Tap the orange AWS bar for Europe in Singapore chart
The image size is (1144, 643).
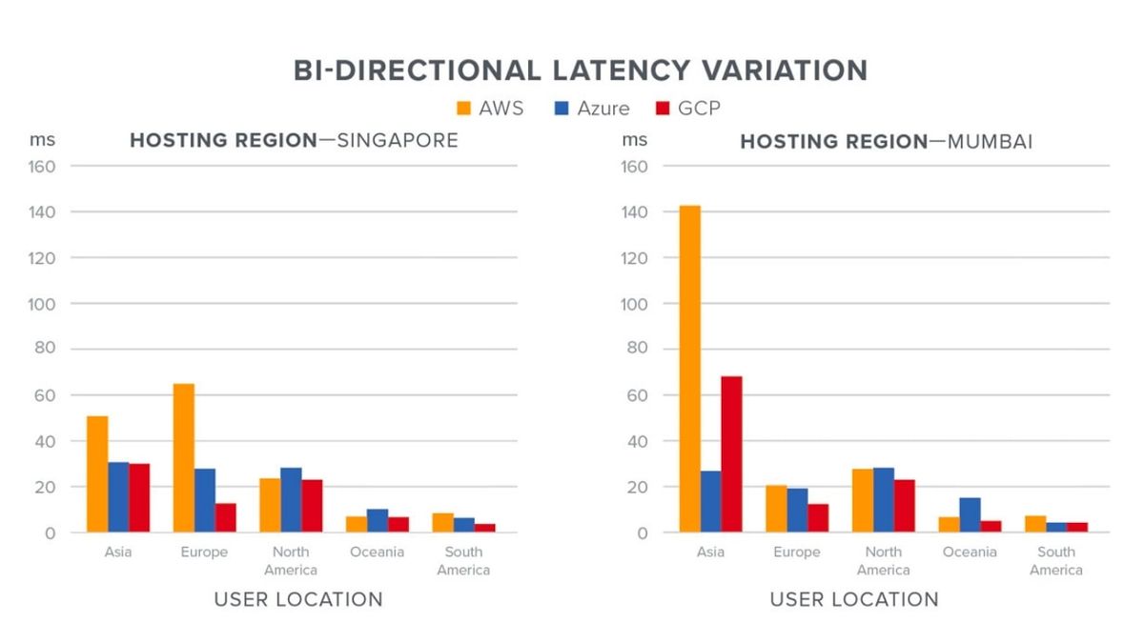tap(184, 458)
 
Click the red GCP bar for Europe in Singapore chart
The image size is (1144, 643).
tap(226, 517)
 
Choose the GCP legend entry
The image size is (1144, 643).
tap(687, 108)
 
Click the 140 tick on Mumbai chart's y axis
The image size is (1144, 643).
tap(635, 211)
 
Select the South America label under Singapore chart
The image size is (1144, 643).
tap(463, 561)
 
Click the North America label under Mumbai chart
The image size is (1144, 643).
tap(883, 561)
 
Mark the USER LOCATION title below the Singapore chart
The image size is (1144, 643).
tap(298, 599)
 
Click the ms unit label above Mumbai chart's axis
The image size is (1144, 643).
tap(634, 140)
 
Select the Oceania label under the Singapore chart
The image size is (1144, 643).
tap(377, 553)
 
